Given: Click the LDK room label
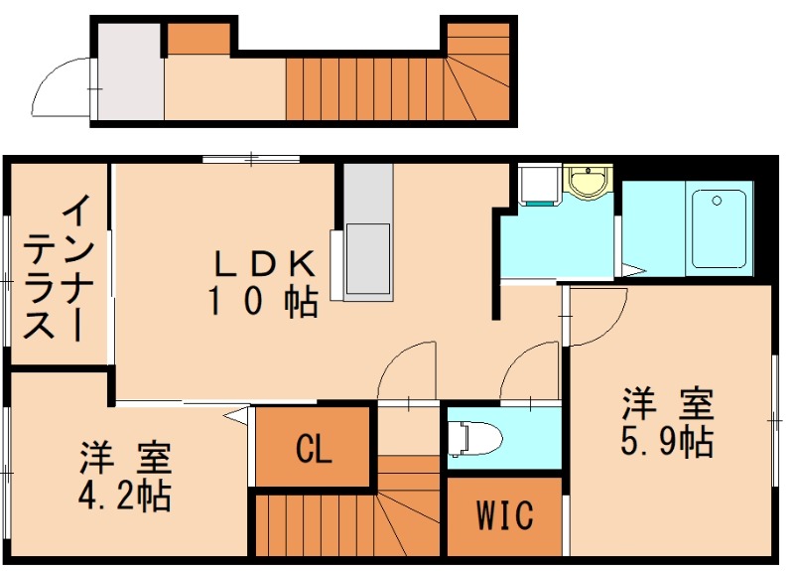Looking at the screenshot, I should tap(265, 263).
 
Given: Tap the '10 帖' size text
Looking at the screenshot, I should tap(262, 301).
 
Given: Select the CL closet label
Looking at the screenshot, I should tap(314, 450).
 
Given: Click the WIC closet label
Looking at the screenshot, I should tap(504, 515).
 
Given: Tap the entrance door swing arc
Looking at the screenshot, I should tap(62, 87).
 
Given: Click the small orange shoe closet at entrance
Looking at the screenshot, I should tap(198, 38).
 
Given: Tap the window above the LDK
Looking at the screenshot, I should tap(251, 158).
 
